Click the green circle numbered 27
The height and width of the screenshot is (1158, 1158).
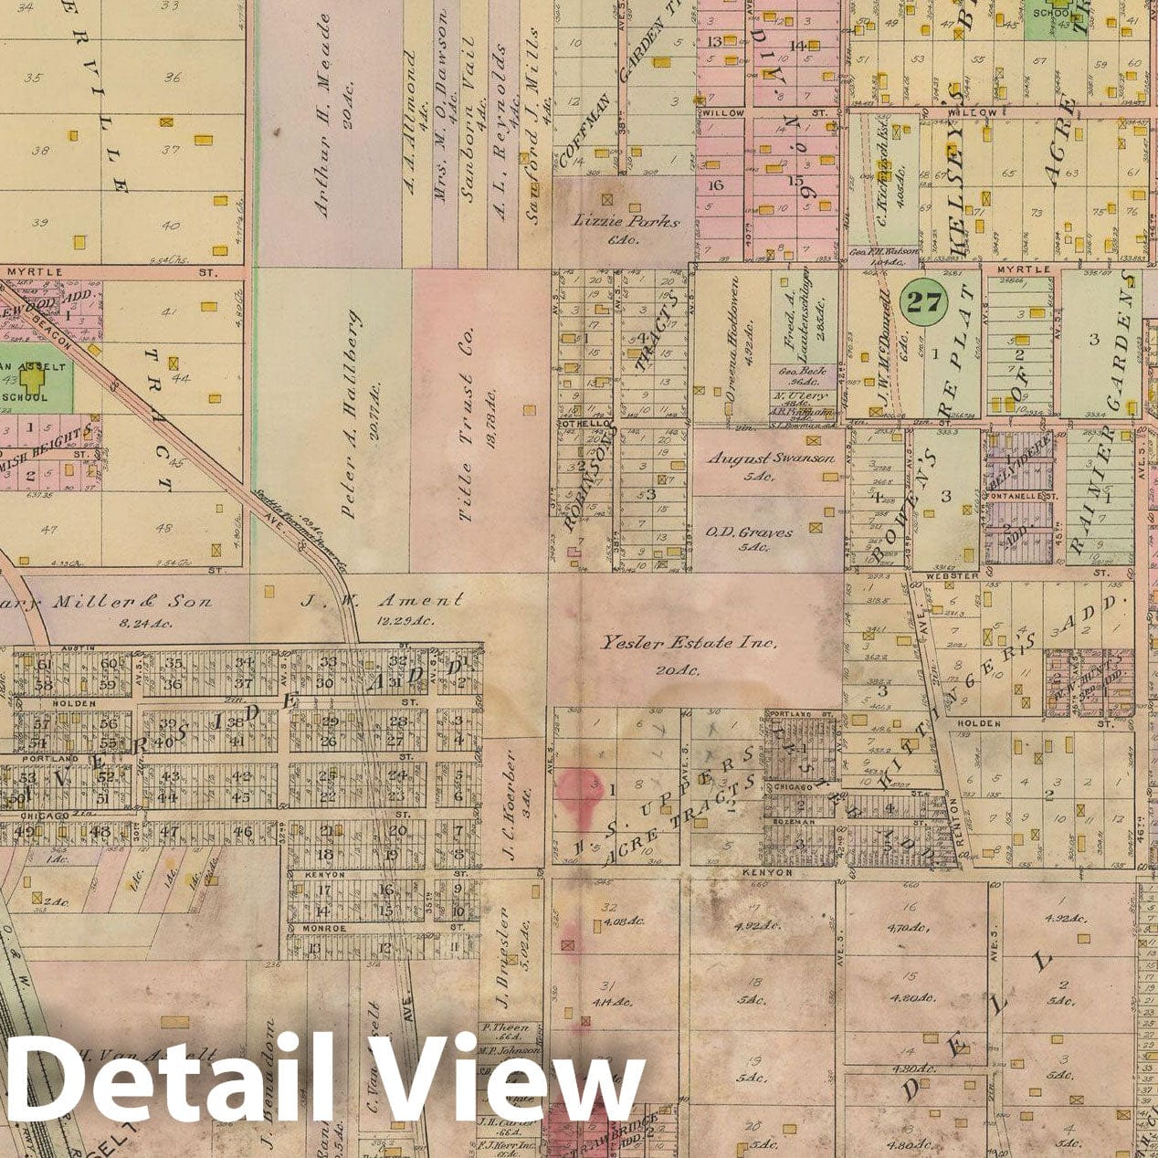923,302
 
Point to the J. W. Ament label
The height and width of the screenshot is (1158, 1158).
382,601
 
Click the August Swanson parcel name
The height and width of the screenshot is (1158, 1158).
771,458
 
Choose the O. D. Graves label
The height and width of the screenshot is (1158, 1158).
762,532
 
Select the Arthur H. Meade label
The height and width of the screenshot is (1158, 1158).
322,114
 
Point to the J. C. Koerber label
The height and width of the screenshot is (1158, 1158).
510,807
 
